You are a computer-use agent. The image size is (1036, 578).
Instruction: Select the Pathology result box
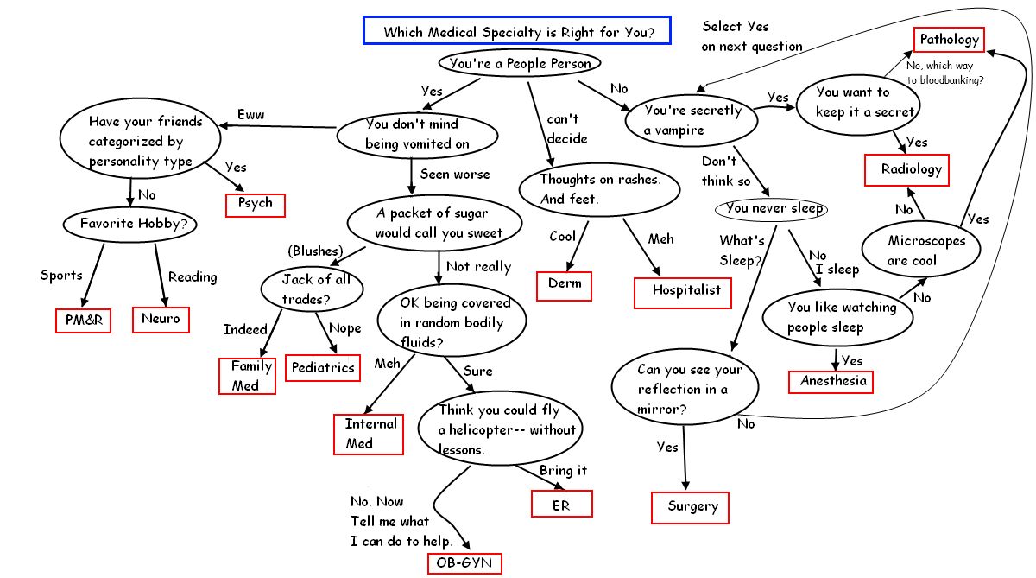tap(949, 40)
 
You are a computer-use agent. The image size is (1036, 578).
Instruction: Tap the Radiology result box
tap(906, 169)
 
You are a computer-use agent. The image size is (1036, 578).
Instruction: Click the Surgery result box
tap(690, 506)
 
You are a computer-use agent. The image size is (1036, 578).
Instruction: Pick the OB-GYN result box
tap(464, 563)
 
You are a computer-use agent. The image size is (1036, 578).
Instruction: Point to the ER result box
tap(560, 505)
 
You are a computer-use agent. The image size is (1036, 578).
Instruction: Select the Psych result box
tap(255, 204)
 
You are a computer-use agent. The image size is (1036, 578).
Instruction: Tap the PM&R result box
tap(83, 320)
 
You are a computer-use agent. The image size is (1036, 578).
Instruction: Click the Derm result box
tap(564, 284)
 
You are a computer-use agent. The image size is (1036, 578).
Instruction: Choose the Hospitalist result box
tap(685, 291)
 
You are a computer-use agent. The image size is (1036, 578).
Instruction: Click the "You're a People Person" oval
tap(520, 63)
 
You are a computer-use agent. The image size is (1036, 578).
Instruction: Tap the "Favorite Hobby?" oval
tap(131, 224)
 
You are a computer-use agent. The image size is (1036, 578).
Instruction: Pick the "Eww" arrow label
tap(250, 115)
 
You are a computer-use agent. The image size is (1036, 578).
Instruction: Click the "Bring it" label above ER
tap(563, 471)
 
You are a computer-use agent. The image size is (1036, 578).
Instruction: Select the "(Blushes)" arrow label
tap(313, 251)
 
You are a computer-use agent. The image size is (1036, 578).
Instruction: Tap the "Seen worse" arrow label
tap(454, 174)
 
